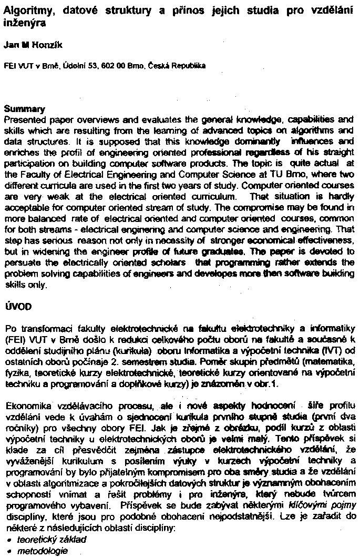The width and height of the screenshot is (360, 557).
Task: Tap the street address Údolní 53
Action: tap(78, 67)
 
